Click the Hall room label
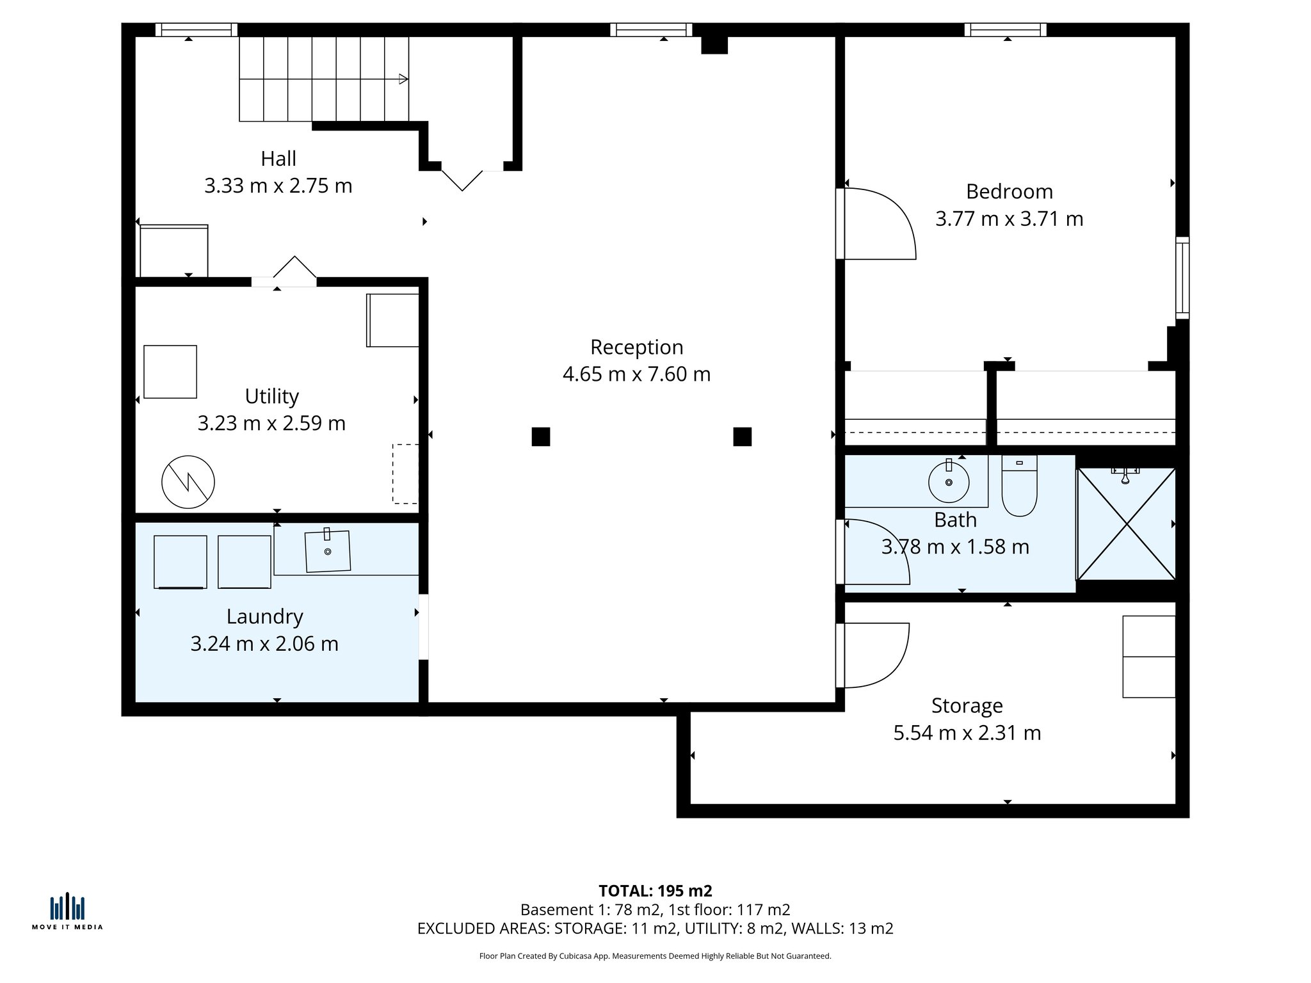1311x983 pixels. coord(278,159)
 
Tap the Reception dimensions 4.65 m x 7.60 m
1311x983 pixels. coord(636,374)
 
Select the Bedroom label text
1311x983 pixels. coord(1009,191)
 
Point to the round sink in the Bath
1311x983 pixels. coord(949,482)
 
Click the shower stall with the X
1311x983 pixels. coord(1127,524)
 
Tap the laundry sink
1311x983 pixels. coord(328,551)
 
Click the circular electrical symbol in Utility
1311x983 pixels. coord(188,482)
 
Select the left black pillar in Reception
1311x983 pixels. coord(541,436)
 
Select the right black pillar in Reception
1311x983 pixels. coord(742,436)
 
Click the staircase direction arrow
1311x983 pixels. coord(403,79)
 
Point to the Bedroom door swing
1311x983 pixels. coord(880,224)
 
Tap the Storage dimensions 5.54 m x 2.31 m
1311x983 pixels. coord(967,733)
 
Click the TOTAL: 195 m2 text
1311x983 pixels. coord(655,891)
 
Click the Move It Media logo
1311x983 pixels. coord(67,911)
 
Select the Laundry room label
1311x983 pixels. coord(264,616)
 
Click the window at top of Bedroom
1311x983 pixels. coord(1005,29)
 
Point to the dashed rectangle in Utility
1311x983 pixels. coord(405,474)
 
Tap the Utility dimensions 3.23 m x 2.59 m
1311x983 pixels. coord(271,423)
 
